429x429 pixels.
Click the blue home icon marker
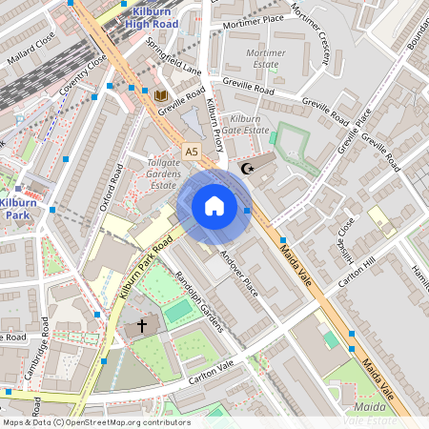click(x=214, y=206)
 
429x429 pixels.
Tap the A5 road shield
click(x=193, y=152)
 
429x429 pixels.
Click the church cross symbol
click(x=142, y=325)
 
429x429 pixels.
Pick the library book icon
click(x=160, y=95)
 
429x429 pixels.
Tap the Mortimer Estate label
click(x=265, y=58)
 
